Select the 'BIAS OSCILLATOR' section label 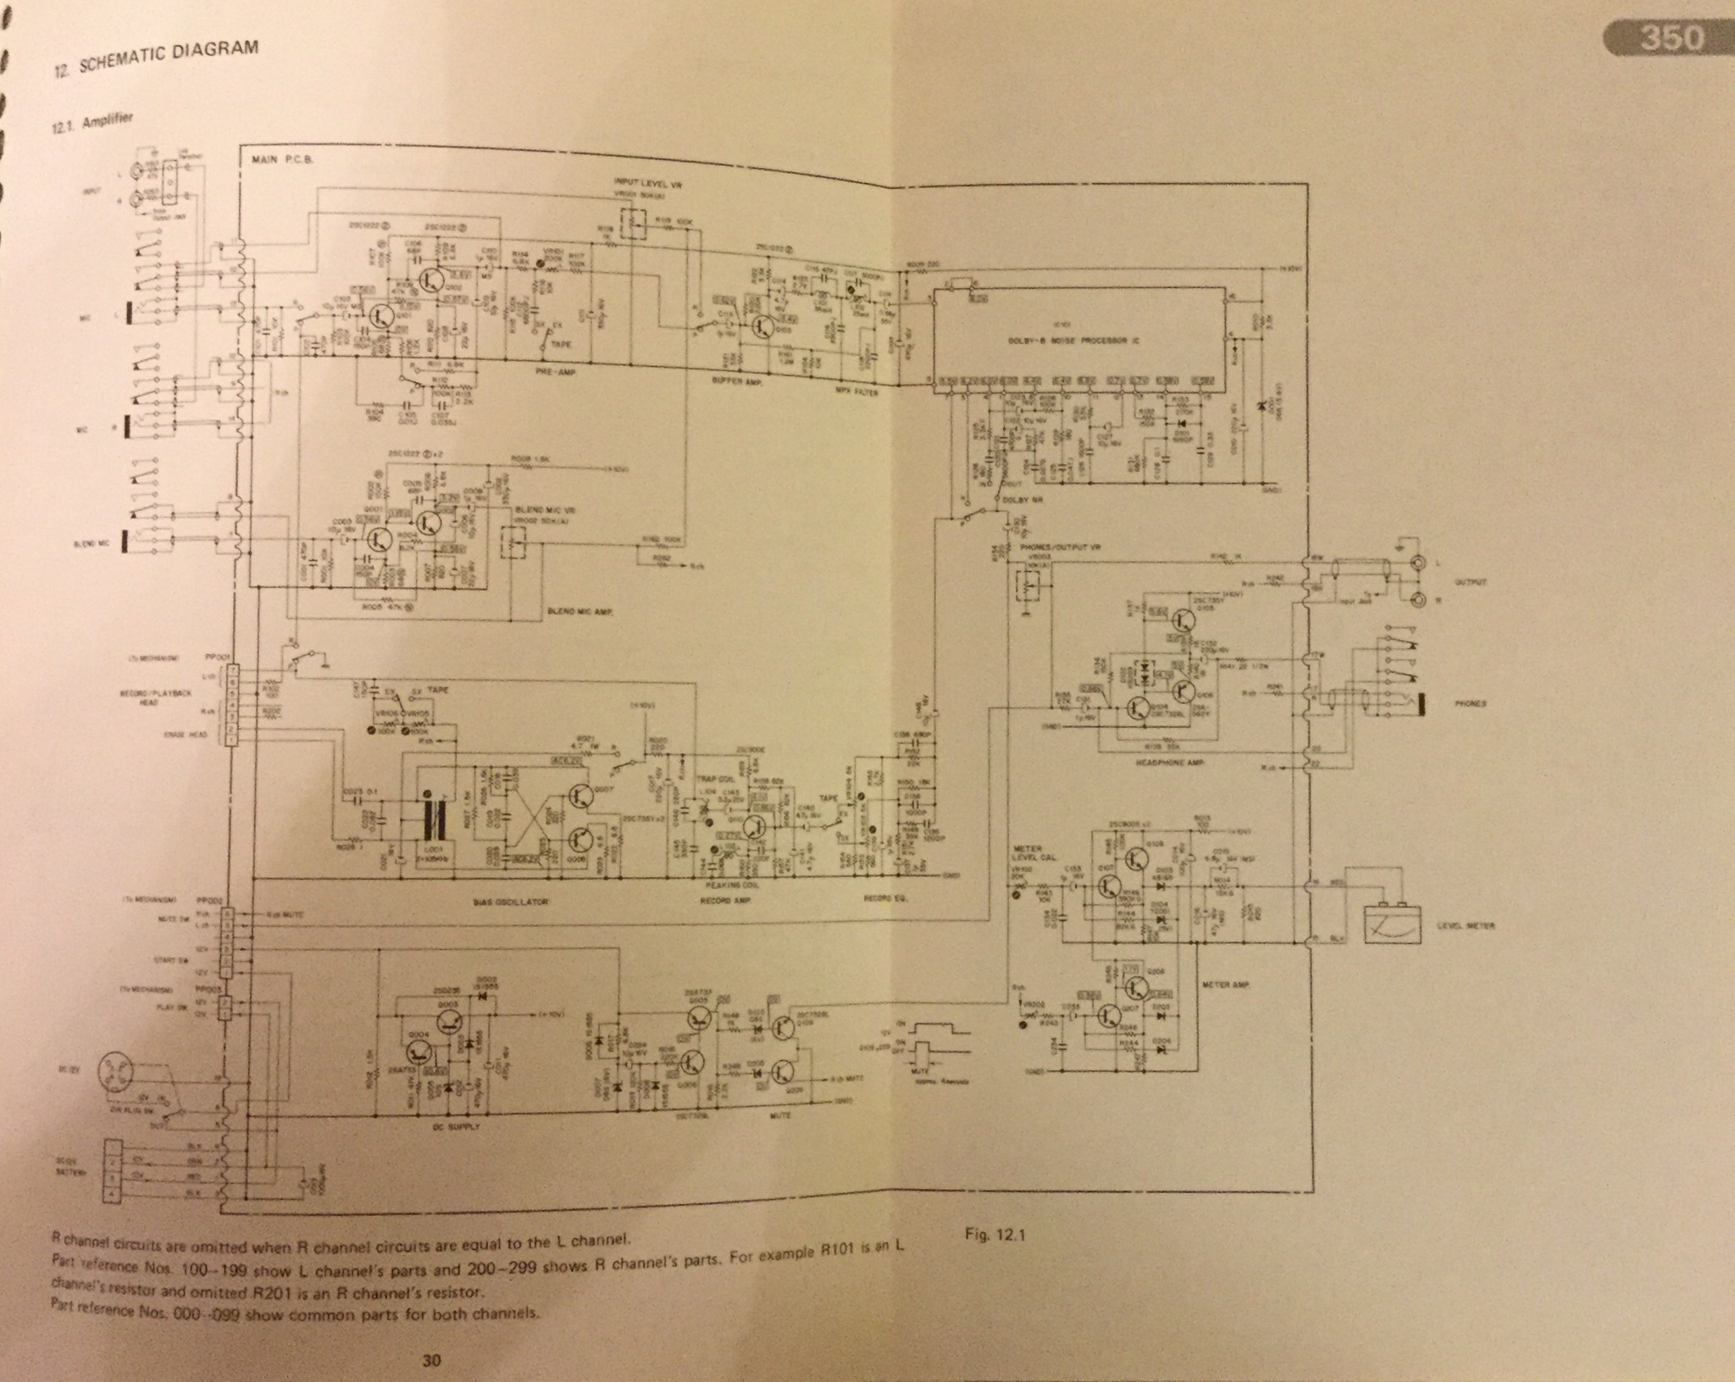[501, 901]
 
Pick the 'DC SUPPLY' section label [458, 1129]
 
